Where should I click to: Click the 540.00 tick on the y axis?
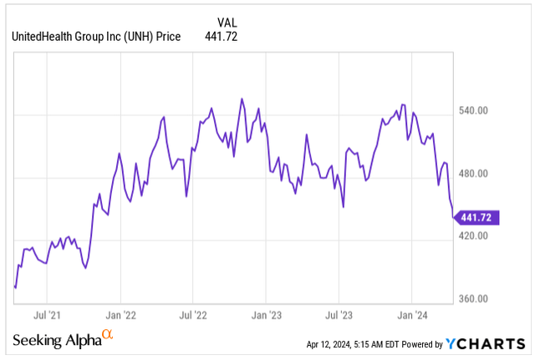coord(481,111)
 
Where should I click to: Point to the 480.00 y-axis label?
coord(481,174)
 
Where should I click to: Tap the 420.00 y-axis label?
coord(481,236)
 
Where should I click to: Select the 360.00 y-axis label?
coord(481,299)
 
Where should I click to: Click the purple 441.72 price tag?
coord(478,217)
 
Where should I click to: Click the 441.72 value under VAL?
coord(222,36)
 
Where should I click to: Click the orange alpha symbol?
coord(107,335)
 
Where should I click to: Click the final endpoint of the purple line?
coord(453,217)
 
